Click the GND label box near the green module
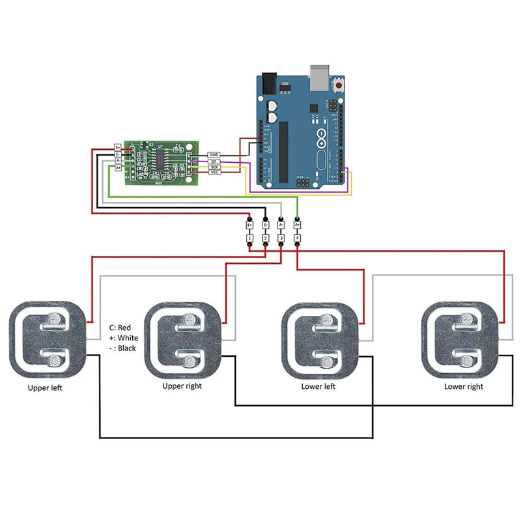pyautogui.click(x=214, y=154)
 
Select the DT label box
pyautogui.click(x=214, y=161)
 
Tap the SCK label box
pyautogui.click(x=214, y=167)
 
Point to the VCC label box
pyautogui.click(x=214, y=174)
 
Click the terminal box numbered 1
pyautogui.click(x=249, y=240)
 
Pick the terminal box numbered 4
pyautogui.click(x=298, y=240)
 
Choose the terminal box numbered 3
pyautogui.click(x=281, y=240)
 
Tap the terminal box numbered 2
pyautogui.click(x=266, y=240)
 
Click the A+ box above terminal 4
pyautogui.click(x=298, y=225)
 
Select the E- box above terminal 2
pyautogui.click(x=266, y=225)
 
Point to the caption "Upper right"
pyautogui.click(x=182, y=386)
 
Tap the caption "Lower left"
pyautogui.click(x=318, y=386)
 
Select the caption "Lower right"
pyautogui.click(x=464, y=386)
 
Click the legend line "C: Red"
pyautogui.click(x=120, y=328)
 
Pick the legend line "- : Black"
pyautogui.click(x=122, y=348)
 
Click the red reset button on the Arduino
pyautogui.click(x=338, y=85)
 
